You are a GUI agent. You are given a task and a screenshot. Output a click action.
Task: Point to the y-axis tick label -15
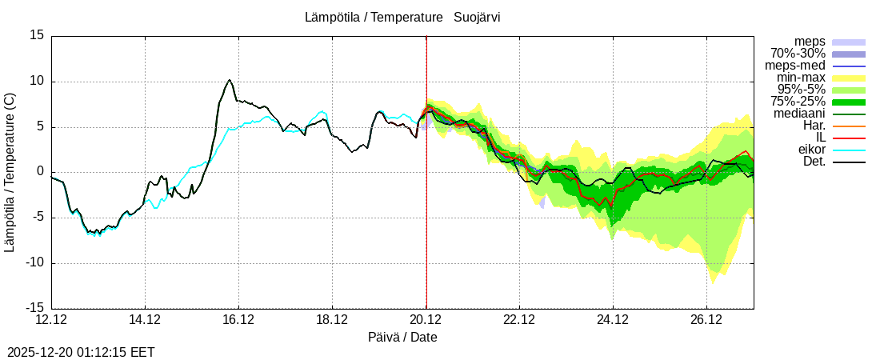pos(35,308)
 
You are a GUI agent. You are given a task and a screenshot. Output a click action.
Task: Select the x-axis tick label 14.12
pos(145,320)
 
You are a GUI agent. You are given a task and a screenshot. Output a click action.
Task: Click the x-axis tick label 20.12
pos(426,320)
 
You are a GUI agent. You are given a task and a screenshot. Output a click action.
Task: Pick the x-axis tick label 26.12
pos(706,320)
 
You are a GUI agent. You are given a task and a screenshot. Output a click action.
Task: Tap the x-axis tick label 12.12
pos(51,320)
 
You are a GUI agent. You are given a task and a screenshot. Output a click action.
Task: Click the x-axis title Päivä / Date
pos(402,337)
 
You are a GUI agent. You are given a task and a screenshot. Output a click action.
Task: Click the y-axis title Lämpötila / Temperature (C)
pos(10,172)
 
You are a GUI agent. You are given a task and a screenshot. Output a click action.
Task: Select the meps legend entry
pos(810,42)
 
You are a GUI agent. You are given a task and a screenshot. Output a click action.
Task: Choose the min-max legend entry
pos(801,78)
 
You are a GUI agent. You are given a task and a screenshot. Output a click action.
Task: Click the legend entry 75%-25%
pos(798,102)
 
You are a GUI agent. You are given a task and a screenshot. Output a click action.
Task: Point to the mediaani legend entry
pos(799,114)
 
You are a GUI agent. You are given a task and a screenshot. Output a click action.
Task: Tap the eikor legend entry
pos(811,150)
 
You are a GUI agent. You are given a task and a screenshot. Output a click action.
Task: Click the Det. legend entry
pos(814,162)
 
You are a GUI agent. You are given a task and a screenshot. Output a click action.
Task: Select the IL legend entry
pos(820,138)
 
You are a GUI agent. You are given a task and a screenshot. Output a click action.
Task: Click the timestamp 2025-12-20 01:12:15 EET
pos(81,352)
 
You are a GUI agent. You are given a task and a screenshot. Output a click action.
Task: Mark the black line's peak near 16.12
pos(230,80)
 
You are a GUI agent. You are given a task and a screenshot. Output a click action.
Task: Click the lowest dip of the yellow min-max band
pos(712,282)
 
